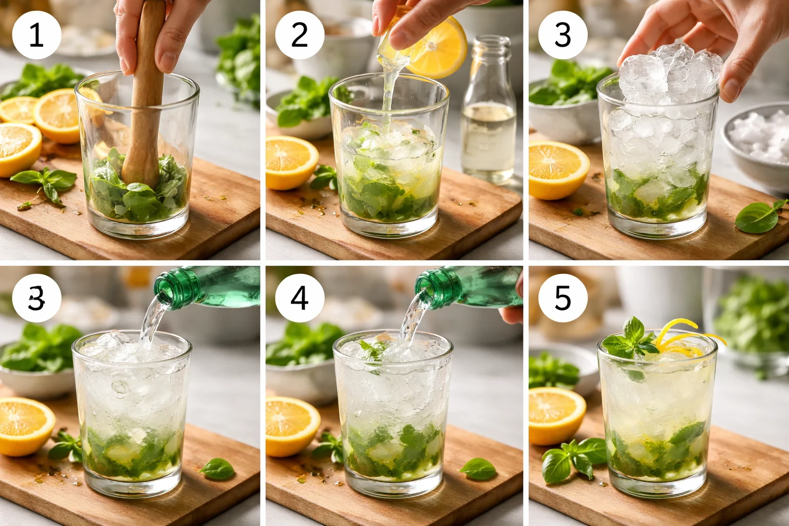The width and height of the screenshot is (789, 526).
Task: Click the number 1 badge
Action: pyautogui.click(x=36, y=35)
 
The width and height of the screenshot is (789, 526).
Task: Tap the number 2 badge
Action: pyautogui.click(x=299, y=35)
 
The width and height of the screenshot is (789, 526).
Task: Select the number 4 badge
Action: pyautogui.click(x=299, y=298)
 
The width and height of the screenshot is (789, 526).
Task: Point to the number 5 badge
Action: pyautogui.click(x=562, y=298)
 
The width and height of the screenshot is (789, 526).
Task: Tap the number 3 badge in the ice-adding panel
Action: pyautogui.click(x=562, y=35)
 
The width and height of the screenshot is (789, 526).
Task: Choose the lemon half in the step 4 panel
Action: pyautogui.click(x=291, y=425)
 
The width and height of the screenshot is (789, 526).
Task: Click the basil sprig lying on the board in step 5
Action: pyautogui.click(x=573, y=457)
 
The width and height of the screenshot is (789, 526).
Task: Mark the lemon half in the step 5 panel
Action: pyautogui.click(x=556, y=415)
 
